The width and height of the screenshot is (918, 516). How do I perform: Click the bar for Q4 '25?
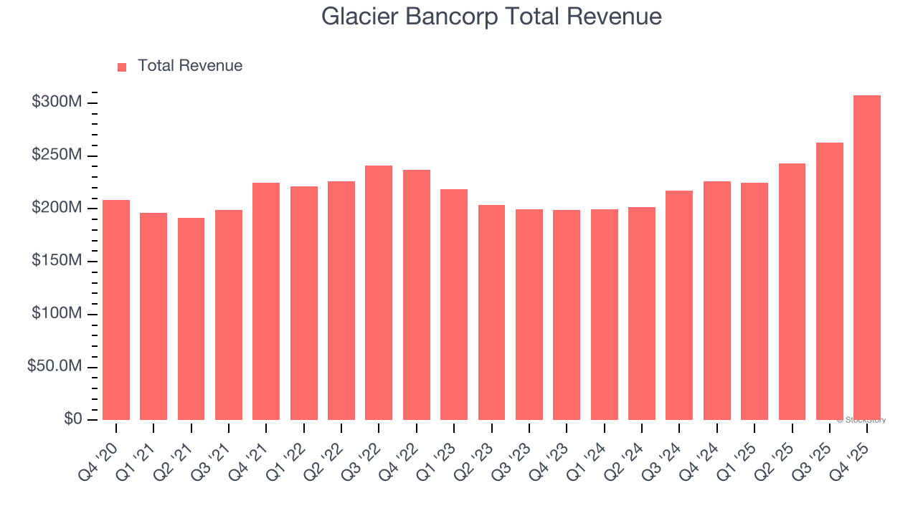(x=866, y=258)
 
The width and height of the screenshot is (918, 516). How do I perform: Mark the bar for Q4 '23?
(x=567, y=315)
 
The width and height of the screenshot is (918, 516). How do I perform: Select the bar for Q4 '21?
(x=266, y=301)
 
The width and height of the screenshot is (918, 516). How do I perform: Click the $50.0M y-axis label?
(x=54, y=366)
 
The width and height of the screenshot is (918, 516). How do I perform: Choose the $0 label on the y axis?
(x=73, y=419)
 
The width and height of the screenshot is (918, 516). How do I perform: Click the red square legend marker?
(x=122, y=67)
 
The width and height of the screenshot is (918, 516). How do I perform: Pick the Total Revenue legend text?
(x=190, y=66)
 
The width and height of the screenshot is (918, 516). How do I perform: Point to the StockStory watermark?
(x=861, y=420)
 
